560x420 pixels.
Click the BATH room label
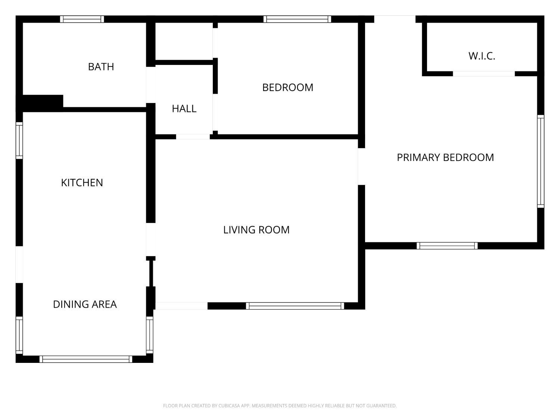(x=101, y=67)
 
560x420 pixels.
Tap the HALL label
(x=184, y=109)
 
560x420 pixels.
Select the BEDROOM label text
(x=287, y=87)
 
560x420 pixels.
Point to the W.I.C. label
(x=482, y=56)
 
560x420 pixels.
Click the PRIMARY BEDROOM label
(x=445, y=157)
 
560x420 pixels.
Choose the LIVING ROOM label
(x=256, y=230)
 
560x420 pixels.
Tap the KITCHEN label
(x=82, y=183)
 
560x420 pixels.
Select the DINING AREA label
(x=85, y=304)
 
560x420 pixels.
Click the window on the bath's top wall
(x=82, y=19)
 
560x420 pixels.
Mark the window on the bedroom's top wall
(x=297, y=19)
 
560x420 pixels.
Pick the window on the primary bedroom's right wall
(x=541, y=161)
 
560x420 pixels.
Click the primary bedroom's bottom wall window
(x=447, y=246)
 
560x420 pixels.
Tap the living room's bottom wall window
(x=295, y=306)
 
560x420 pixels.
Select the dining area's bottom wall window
(x=86, y=359)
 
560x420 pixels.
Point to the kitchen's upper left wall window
(x=19, y=140)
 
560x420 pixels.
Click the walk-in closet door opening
(x=484, y=74)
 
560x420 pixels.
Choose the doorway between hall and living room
(x=193, y=137)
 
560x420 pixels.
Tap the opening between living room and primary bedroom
(x=361, y=167)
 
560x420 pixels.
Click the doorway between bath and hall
(x=150, y=85)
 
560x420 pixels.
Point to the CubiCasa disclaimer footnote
(x=280, y=406)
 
